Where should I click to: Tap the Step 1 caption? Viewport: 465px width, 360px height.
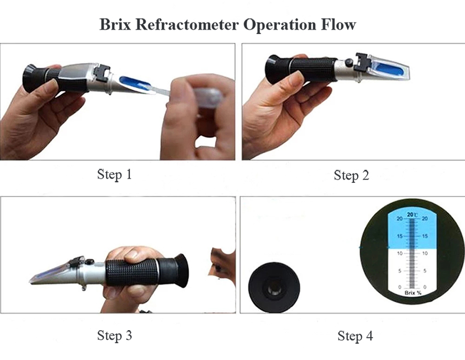(x=115, y=174)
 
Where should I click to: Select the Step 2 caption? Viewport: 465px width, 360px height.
(x=351, y=175)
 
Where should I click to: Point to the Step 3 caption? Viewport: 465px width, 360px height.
(x=115, y=335)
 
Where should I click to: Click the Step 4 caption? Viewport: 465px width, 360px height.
(x=355, y=336)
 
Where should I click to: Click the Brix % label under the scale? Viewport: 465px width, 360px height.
(x=413, y=293)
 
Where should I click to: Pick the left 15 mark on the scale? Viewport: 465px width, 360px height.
(x=400, y=236)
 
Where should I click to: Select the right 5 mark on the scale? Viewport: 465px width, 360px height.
(x=425, y=271)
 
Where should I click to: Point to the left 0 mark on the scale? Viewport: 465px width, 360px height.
(x=400, y=287)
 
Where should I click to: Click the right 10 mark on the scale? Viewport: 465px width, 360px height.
(x=425, y=254)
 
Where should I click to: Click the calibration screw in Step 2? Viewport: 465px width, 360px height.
(x=349, y=63)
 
